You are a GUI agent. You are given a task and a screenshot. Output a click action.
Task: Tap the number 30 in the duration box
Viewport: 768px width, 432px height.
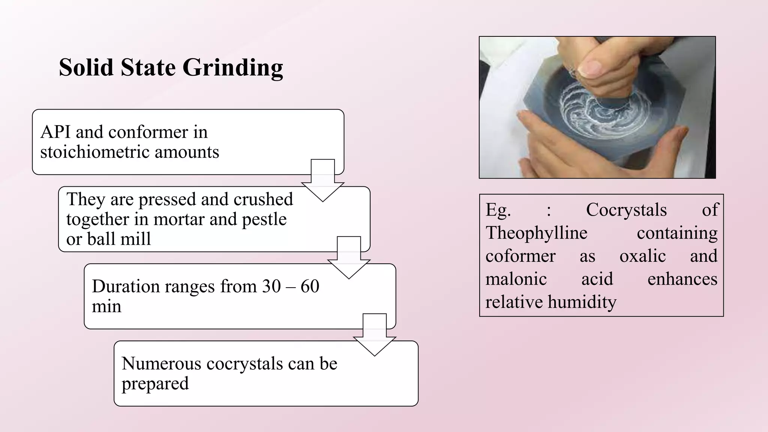point(271,286)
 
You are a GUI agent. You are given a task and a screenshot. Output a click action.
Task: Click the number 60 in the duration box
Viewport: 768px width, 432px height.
point(310,286)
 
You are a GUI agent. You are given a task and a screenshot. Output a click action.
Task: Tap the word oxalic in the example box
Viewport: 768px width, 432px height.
point(642,256)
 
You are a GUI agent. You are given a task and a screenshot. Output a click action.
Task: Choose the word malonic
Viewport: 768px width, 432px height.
point(516,279)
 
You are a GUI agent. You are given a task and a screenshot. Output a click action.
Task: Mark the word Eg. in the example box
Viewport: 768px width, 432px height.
point(498,210)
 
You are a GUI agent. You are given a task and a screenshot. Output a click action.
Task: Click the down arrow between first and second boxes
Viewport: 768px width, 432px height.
point(323,180)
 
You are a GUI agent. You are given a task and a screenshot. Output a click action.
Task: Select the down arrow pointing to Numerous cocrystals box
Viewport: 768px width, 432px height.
point(375,334)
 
